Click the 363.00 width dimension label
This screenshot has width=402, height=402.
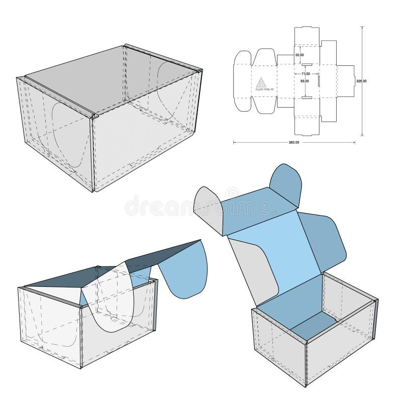(x=294, y=143)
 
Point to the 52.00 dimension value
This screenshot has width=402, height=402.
(x=299, y=55)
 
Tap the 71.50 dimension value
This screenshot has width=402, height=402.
(x=306, y=73)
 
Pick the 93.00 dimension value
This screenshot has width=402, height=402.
(x=305, y=81)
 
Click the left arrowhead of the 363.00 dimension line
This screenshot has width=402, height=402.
(x=235, y=143)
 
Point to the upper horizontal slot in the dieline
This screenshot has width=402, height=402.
(x=307, y=64)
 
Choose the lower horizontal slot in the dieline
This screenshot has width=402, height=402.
(x=307, y=97)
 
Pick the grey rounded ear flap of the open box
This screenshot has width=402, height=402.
(x=209, y=206)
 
